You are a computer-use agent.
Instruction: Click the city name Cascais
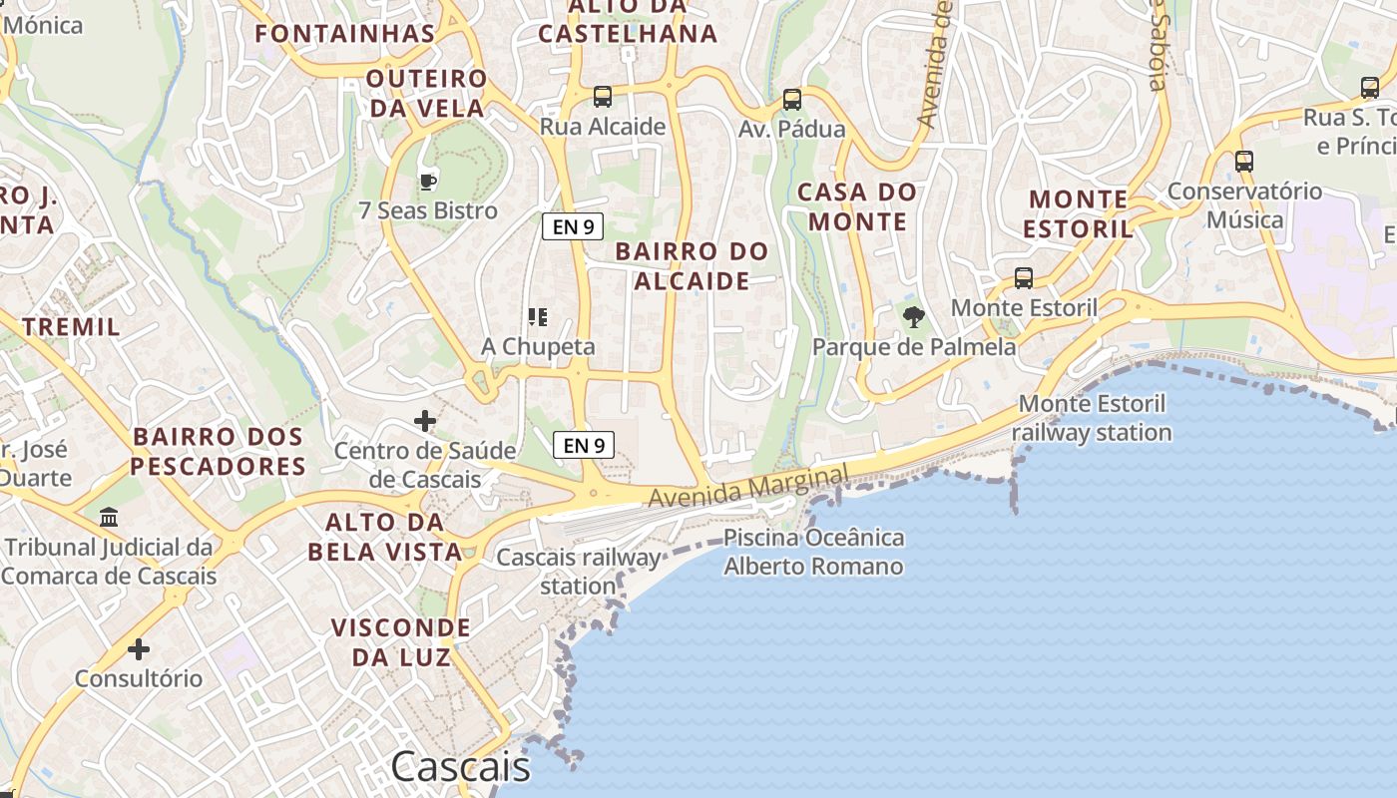tap(460, 767)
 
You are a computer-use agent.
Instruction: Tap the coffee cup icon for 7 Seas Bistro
tap(428, 182)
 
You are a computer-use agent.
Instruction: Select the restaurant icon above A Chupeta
tap(538, 317)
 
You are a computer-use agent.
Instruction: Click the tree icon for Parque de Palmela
tap(913, 318)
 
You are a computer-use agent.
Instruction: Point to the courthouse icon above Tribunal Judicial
tap(109, 518)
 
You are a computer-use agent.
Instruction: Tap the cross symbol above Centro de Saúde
tap(425, 421)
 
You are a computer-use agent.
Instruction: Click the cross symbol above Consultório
tap(139, 649)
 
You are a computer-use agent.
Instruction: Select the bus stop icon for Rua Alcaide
tap(603, 97)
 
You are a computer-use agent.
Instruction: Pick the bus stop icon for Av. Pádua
tap(792, 99)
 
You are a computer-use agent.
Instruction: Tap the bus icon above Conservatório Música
tap(1243, 161)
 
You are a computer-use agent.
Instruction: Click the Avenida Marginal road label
tap(748, 485)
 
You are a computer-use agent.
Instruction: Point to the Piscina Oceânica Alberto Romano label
tap(813, 553)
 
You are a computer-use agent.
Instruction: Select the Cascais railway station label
tap(579, 572)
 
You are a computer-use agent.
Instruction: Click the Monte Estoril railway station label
tap(1093, 418)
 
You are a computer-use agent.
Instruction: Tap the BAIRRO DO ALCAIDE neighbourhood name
tap(692, 266)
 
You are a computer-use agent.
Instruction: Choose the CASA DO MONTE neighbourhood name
tap(857, 206)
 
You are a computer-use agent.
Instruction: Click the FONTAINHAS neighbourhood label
tap(345, 34)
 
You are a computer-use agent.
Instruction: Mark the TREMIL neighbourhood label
tap(71, 326)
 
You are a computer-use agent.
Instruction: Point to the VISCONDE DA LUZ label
tap(400, 642)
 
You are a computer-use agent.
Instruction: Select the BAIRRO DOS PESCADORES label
tap(218, 451)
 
